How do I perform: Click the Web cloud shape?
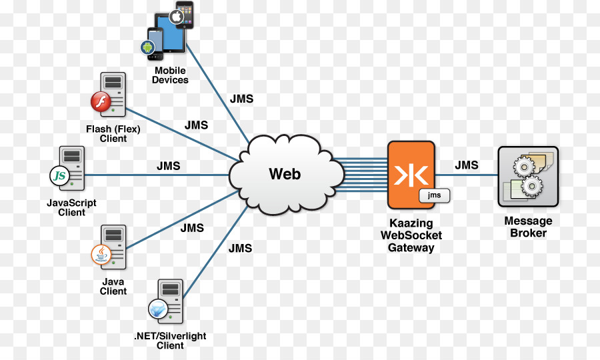click(x=285, y=175)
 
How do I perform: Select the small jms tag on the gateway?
click(x=434, y=195)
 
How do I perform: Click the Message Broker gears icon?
click(x=528, y=177)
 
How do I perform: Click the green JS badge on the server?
click(x=60, y=176)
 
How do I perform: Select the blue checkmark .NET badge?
click(x=157, y=309)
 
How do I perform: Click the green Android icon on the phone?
click(x=147, y=47)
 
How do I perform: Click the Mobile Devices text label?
click(x=170, y=75)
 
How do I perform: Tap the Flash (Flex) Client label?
click(x=113, y=134)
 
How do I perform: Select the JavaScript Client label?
click(x=71, y=207)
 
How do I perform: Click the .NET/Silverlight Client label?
click(x=170, y=341)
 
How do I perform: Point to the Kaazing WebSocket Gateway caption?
click(x=411, y=235)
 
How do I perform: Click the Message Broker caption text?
click(x=528, y=227)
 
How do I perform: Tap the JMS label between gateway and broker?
click(x=467, y=165)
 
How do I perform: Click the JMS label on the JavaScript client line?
click(x=169, y=166)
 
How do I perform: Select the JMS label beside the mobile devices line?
click(x=241, y=99)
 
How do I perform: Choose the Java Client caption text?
click(x=113, y=286)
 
